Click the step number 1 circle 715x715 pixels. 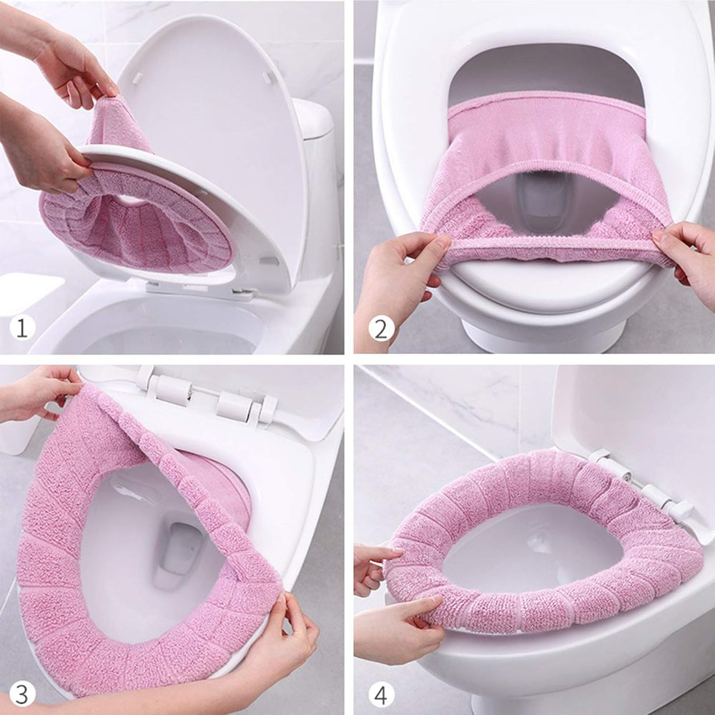(x=22, y=328)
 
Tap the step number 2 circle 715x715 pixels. (x=381, y=328)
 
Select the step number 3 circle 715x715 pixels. (x=22, y=693)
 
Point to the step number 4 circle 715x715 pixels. (x=381, y=693)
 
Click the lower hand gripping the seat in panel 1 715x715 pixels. (x=43, y=150)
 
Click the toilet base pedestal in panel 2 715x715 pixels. (x=543, y=336)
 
